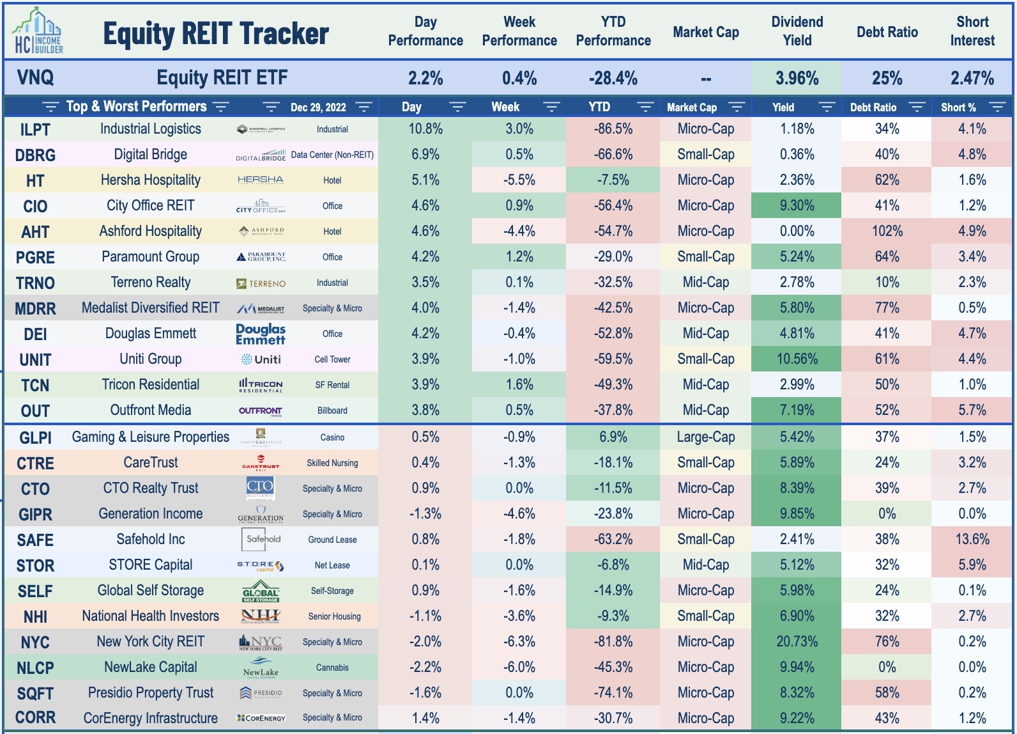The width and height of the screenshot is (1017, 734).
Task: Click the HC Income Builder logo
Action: (x=37, y=32)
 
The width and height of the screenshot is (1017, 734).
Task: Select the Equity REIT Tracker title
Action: (x=216, y=34)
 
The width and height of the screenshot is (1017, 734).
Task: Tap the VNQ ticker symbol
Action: (x=35, y=78)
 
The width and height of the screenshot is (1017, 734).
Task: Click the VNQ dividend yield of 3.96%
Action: (x=797, y=78)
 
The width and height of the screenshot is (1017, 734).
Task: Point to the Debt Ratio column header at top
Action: (x=887, y=32)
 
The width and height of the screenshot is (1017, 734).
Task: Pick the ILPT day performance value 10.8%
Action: (x=425, y=129)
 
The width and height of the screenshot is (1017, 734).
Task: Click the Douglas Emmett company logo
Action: (x=261, y=334)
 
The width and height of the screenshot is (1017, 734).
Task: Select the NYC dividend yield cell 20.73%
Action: (x=797, y=642)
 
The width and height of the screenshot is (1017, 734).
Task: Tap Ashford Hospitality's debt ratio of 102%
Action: (x=887, y=231)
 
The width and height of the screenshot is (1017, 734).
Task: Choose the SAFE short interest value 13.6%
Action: (x=972, y=540)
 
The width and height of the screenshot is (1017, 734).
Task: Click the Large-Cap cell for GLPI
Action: (x=705, y=437)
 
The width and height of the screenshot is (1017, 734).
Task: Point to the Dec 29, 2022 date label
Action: (x=318, y=107)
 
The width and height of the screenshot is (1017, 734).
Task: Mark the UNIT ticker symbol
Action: (x=35, y=360)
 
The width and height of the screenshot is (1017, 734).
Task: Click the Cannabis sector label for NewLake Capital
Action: (x=332, y=668)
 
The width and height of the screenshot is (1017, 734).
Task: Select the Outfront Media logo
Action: (x=261, y=410)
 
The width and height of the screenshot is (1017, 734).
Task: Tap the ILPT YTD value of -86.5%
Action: (x=613, y=129)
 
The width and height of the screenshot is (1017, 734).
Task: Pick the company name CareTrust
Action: (x=151, y=463)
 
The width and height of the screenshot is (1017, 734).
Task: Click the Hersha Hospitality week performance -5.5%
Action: (x=519, y=180)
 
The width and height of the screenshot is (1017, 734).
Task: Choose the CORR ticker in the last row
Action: (x=35, y=718)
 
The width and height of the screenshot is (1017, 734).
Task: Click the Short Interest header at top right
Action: (x=972, y=31)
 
